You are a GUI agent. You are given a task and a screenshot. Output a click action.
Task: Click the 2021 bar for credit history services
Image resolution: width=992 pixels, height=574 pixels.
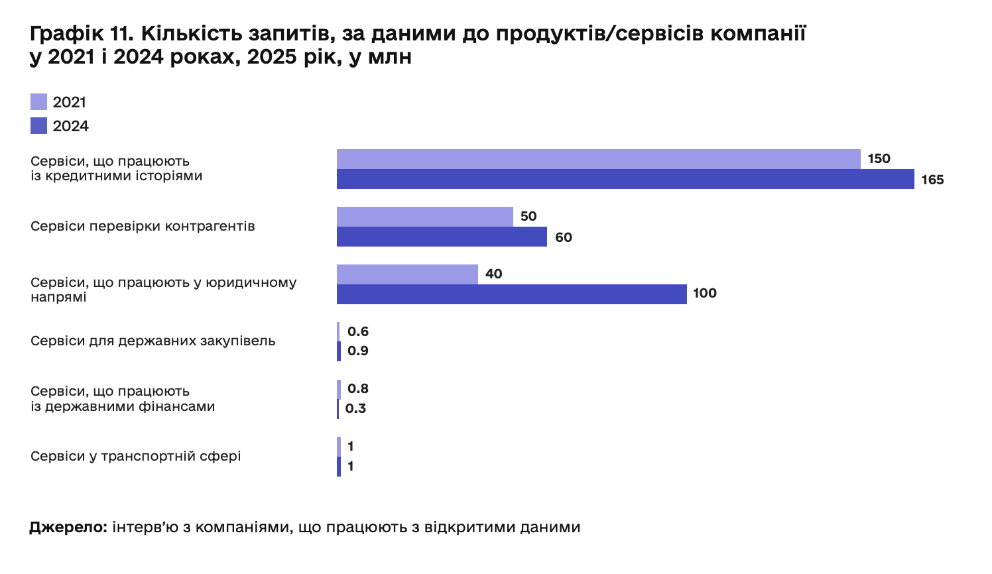598,159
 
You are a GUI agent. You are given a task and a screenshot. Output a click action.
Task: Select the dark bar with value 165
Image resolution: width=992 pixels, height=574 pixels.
625,179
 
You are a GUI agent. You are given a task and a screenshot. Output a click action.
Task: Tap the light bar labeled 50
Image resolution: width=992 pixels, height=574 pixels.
424,217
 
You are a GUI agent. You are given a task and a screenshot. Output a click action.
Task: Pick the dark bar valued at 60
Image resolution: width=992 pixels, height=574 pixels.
442,237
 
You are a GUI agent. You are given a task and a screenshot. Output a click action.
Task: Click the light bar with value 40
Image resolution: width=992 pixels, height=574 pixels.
407,274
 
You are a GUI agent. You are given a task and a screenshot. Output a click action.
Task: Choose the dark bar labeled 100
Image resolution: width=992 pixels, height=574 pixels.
511,294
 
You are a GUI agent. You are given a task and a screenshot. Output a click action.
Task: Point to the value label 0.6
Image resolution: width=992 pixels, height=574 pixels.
358,331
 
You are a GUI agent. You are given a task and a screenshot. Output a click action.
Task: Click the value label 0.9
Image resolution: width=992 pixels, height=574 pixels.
358,351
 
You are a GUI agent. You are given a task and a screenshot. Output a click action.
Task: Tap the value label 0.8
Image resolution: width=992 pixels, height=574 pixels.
358,388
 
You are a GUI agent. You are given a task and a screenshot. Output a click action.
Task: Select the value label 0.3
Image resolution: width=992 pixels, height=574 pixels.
356,408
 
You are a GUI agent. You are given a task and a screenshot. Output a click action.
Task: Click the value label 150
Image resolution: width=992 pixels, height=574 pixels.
879,159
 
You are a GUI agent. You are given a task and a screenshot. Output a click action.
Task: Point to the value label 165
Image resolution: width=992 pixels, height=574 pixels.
932,180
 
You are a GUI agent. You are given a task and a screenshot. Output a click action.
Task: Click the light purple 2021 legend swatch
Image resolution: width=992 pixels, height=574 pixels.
38,102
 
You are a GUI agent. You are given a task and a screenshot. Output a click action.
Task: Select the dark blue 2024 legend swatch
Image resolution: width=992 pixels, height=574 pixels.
38,126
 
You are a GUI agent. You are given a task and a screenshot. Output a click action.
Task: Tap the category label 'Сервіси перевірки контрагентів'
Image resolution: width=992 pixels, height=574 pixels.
143,227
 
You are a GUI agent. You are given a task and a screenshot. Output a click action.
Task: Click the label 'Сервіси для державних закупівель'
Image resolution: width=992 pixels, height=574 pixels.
153,341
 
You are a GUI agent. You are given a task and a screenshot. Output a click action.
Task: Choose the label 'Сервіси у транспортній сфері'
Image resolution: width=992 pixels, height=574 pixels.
135,457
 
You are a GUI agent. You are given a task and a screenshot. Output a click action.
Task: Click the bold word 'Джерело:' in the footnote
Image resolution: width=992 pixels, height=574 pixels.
68,528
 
